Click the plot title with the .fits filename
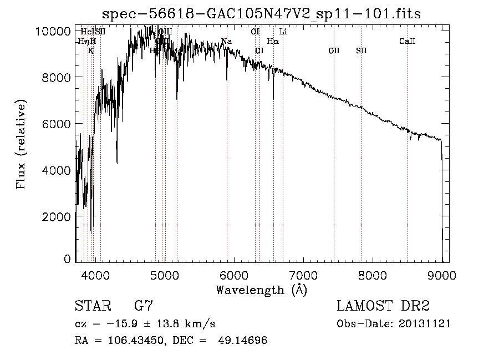pos(262,13)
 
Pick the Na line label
pos(226,42)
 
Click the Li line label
pos(283,32)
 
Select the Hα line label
pos(273,42)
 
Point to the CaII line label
pos(408,42)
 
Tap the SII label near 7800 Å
pos(361,51)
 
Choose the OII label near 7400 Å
pos(334,51)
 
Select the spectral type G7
pos(143,306)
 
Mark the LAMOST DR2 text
pos(383,306)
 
